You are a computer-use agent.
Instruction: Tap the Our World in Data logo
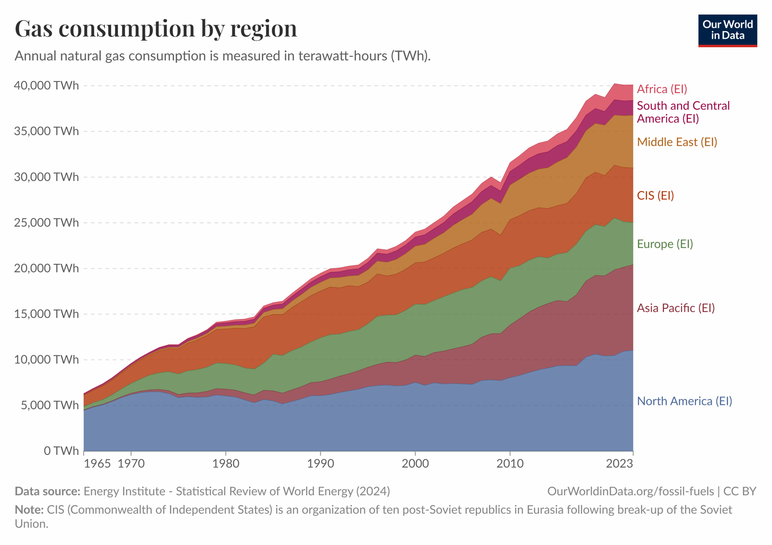pyautogui.click(x=727, y=30)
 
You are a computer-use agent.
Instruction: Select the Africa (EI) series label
pyautogui.click(x=662, y=89)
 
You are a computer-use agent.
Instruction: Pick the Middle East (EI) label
pyautogui.click(x=677, y=142)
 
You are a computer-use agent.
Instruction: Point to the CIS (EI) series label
pyautogui.click(x=655, y=195)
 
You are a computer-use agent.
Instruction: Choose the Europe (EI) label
pyautogui.click(x=665, y=244)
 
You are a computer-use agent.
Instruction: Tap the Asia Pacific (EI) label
pyautogui.click(x=675, y=308)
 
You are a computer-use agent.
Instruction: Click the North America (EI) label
pyautogui.click(x=684, y=401)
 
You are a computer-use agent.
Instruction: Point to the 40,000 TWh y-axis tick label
pyautogui.click(x=46, y=86)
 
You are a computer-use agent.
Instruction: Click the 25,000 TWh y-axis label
pyautogui.click(x=46, y=223)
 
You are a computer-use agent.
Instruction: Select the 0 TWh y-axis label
pyautogui.click(x=61, y=451)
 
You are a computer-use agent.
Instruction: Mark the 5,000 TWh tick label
pyautogui.click(x=50, y=405)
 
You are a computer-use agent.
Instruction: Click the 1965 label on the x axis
pyautogui.click(x=97, y=464)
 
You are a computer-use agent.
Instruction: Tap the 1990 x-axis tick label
pyautogui.click(x=321, y=464)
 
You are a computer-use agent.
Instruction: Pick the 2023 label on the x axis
pyautogui.click(x=619, y=464)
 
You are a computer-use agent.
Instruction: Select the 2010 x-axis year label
pyautogui.click(x=510, y=464)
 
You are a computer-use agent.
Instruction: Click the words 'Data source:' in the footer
pyautogui.click(x=47, y=491)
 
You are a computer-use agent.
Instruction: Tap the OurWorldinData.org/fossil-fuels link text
pyautogui.click(x=631, y=491)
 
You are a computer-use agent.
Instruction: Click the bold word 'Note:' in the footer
pyautogui.click(x=29, y=510)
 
